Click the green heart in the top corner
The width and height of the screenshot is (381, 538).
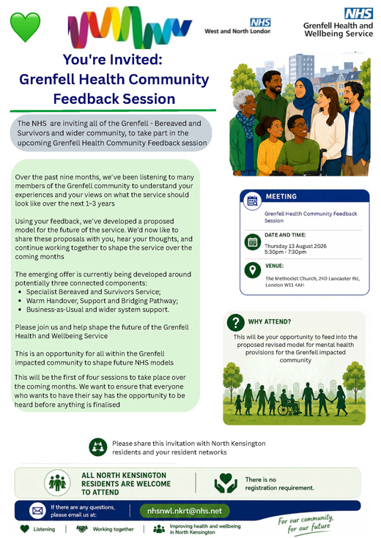pyautogui.click(x=25, y=27)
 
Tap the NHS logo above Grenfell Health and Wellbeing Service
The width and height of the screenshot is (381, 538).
pyautogui.click(x=358, y=13)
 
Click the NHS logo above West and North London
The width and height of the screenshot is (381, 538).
pyautogui.click(x=260, y=23)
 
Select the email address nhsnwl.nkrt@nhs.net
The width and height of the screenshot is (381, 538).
pyautogui.click(x=185, y=511)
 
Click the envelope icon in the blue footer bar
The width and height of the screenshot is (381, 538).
pyautogui.click(x=37, y=511)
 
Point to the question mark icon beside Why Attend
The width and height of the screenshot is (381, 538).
pyautogui.click(x=236, y=323)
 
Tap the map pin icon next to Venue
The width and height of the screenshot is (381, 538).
pyautogui.click(x=253, y=269)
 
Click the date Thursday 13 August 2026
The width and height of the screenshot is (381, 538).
pyautogui.click(x=295, y=246)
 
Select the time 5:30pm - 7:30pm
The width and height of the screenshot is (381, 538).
pyautogui.click(x=285, y=252)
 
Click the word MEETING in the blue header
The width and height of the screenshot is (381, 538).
pyautogui.click(x=281, y=197)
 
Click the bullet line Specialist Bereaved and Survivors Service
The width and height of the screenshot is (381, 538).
pyautogui.click(x=94, y=292)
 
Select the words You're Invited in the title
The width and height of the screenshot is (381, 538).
pyautogui.click(x=112, y=59)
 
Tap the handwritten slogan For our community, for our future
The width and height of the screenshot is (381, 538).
pyautogui.click(x=306, y=524)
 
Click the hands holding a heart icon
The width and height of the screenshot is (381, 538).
pyautogui.click(x=226, y=483)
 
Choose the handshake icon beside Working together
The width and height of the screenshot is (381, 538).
pyautogui.click(x=82, y=529)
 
